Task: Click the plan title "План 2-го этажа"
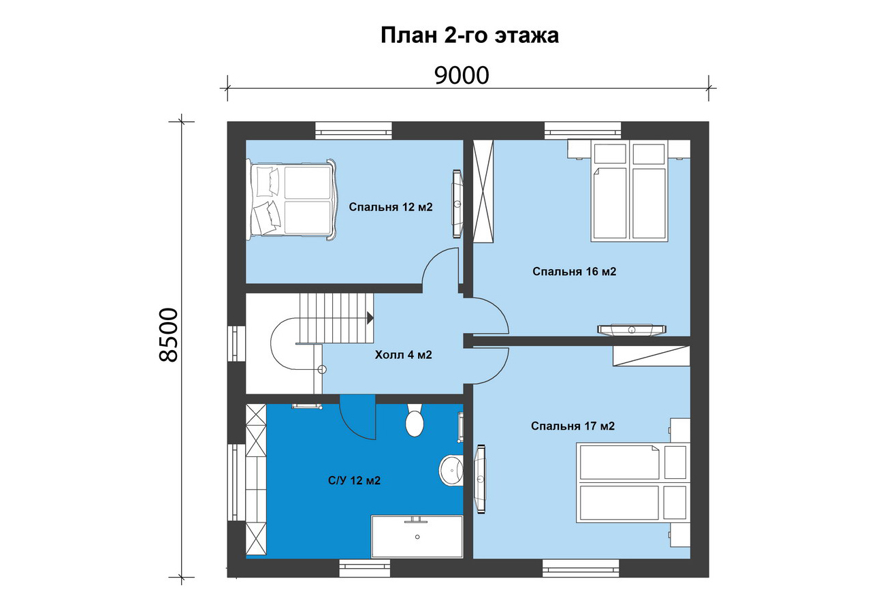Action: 469,36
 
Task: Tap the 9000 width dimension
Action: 462,76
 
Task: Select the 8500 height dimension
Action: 169,335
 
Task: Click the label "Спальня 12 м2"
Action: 390,206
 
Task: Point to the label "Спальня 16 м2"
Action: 574,272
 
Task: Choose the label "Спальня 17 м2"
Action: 573,426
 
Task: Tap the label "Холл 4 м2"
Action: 403,355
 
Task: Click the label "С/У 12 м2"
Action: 354,481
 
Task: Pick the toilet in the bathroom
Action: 415,420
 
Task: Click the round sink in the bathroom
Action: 451,471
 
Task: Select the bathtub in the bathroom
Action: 417,536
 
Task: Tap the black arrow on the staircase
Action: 370,317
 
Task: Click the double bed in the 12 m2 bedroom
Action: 291,199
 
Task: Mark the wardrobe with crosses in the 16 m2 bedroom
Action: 483,191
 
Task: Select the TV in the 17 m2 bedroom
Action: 480,479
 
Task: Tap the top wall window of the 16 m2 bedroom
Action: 583,130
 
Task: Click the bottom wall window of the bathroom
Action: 365,568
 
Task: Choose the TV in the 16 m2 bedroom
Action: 631,329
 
